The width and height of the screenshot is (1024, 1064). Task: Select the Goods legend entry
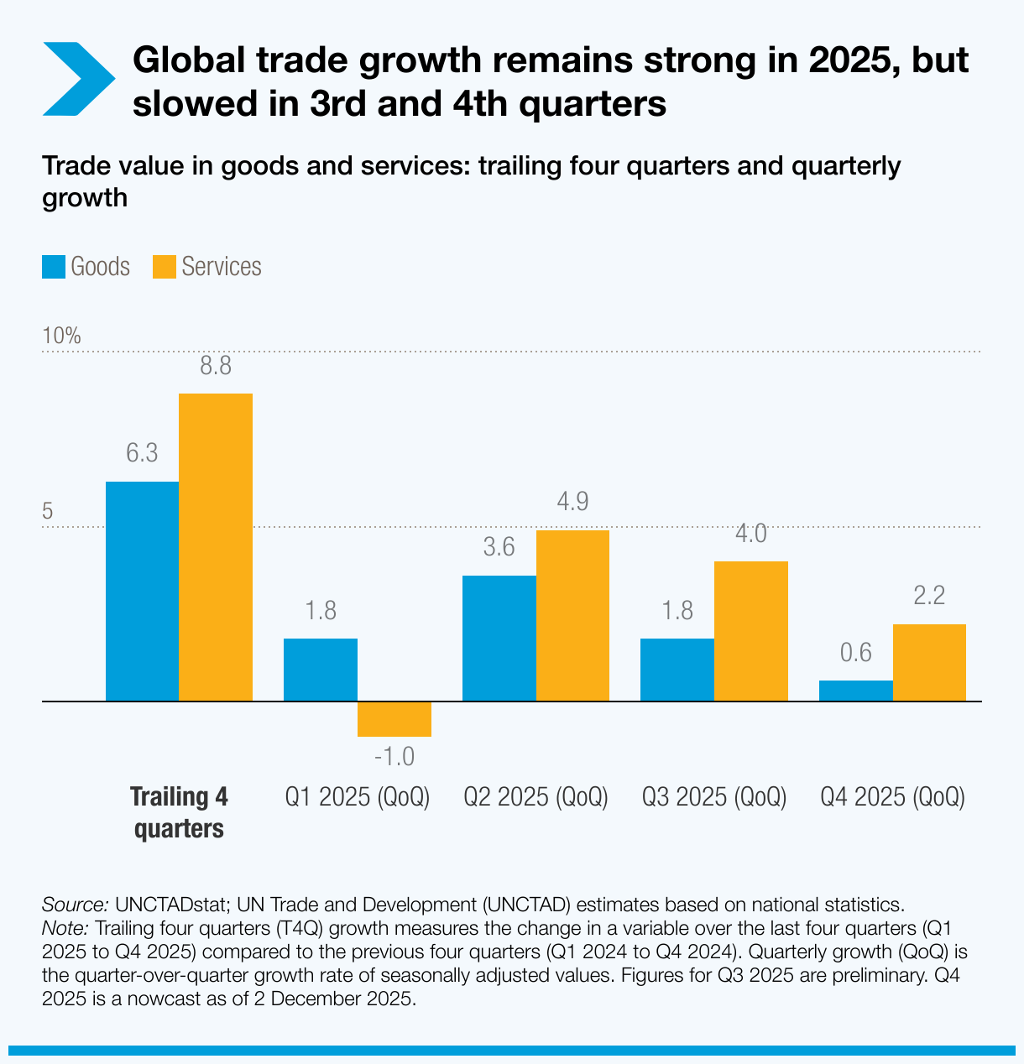86,267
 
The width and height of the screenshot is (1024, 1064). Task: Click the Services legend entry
206,267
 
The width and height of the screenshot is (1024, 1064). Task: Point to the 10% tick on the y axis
61,336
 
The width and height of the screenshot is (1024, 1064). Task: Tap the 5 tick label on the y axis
48,511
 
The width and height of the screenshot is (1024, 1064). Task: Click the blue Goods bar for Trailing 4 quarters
142,591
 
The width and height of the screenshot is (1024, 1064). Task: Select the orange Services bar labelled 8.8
216,546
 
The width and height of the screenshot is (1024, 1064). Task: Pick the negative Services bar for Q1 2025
394,719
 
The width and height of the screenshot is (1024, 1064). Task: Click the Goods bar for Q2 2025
499,638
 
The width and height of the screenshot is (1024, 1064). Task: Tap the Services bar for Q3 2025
751,630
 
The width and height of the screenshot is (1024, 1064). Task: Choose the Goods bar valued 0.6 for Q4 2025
855,691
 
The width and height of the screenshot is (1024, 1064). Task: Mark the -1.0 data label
394,757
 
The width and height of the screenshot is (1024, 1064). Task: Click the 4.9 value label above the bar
572,502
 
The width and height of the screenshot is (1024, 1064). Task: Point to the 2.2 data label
929,596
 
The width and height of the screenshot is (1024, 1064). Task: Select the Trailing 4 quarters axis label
179,812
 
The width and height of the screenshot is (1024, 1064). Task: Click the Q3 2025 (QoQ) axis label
714,796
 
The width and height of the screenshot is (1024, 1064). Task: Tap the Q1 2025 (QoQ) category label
358,796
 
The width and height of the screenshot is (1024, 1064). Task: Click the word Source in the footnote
75,905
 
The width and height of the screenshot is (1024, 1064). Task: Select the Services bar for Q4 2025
929,662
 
